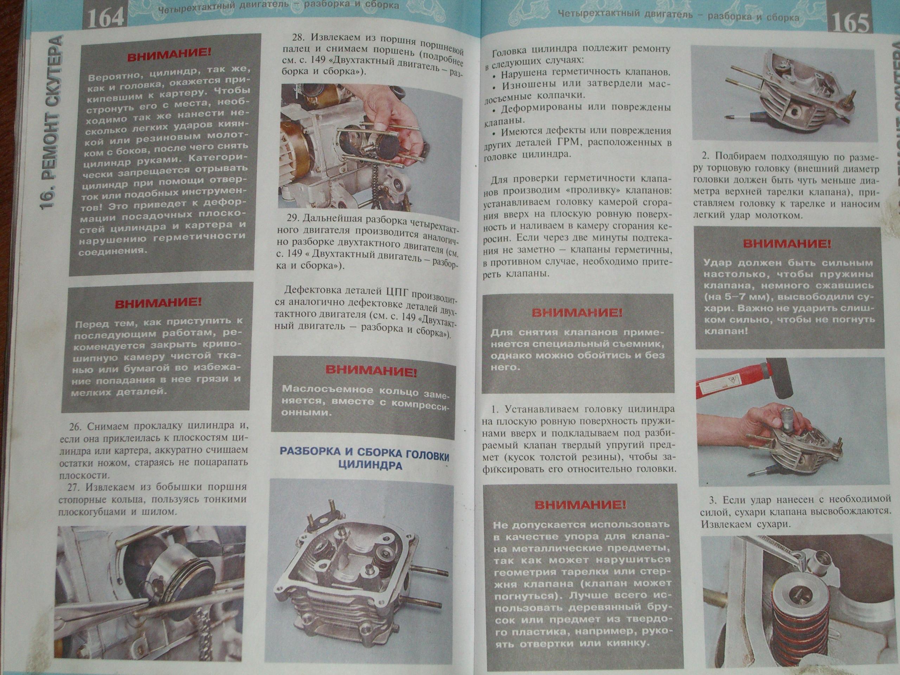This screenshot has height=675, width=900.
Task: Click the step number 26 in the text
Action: click(76, 426)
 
